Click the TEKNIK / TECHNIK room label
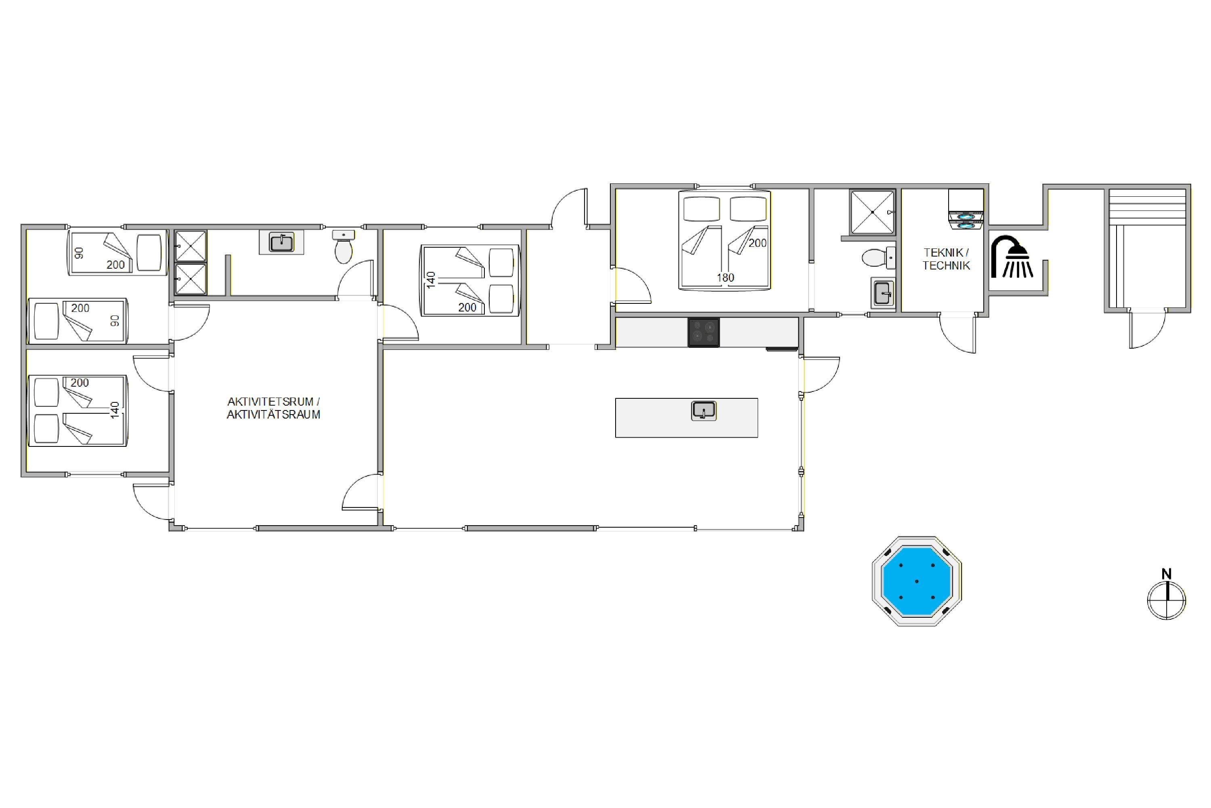pos(946,259)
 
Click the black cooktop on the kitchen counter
pos(703,332)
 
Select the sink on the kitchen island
pos(703,411)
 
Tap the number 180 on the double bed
pos(725,278)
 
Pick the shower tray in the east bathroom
pos(873,212)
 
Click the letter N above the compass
pos(1167,574)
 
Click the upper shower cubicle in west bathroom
pos(191,246)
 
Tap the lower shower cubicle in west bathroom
pos(191,279)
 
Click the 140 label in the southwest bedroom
pos(115,410)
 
